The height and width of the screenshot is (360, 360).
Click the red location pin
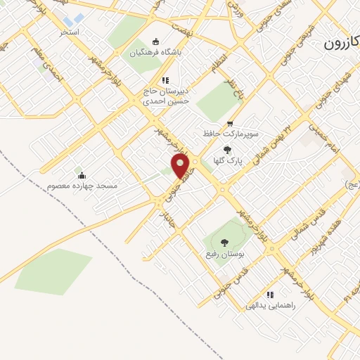pyautogui.click(x=181, y=165)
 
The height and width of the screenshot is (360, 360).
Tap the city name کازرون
pyautogui.click(x=341, y=44)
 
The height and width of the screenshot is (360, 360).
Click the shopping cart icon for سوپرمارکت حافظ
pyautogui.click(x=230, y=123)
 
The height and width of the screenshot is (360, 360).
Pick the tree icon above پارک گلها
pyautogui.click(x=227, y=150)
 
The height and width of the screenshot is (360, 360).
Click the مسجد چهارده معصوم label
pyautogui.click(x=82, y=186)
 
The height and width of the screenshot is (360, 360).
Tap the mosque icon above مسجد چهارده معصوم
pyautogui.click(x=82, y=175)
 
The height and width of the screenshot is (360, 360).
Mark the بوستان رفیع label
pyautogui.click(x=225, y=252)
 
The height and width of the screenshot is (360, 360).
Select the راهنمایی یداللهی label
pyautogui.click(x=271, y=307)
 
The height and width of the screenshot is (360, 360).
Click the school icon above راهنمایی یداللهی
pyautogui.click(x=270, y=295)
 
